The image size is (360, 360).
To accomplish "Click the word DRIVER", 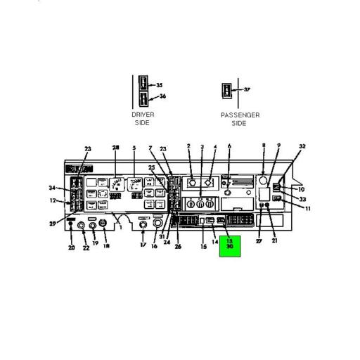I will click(143, 115).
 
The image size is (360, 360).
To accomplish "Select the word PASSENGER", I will click(239, 115).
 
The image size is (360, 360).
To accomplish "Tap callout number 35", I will click(160, 84).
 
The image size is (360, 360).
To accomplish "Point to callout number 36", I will click(162, 96).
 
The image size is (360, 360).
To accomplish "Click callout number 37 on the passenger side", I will click(247, 90).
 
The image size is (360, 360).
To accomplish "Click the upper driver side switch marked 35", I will click(143, 84).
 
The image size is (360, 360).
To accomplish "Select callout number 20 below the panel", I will click(70, 247).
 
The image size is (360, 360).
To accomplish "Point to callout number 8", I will click(264, 146).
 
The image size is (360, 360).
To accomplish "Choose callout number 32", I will click(302, 147).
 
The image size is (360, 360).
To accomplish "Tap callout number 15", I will click(204, 246).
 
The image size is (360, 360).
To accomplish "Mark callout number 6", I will click(229, 146).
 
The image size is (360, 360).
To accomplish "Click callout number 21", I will click(274, 241).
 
